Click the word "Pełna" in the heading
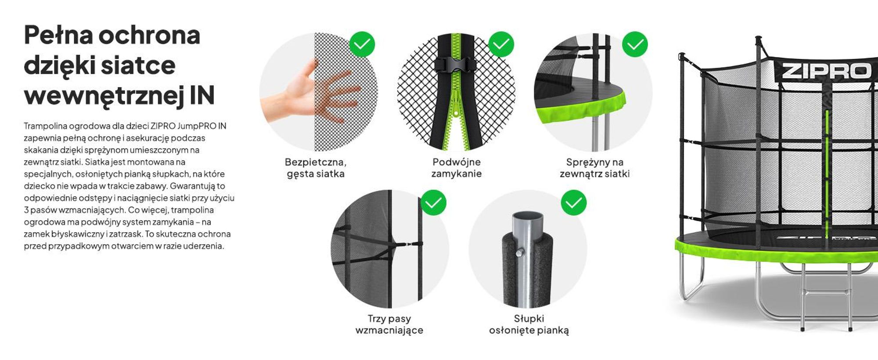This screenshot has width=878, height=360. [x=58, y=35]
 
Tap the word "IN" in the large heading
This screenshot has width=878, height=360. [x=202, y=96]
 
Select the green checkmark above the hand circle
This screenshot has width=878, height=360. [x=362, y=44]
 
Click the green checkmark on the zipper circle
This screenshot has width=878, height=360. [x=501, y=44]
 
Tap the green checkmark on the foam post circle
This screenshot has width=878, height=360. [x=573, y=202]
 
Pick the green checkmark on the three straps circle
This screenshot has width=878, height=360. [x=433, y=202]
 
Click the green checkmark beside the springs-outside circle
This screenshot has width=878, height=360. [x=635, y=44]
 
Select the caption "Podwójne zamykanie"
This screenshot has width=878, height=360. [x=457, y=168]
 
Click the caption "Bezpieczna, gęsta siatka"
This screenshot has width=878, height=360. [x=316, y=168]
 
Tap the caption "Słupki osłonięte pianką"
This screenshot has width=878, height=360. [x=529, y=324]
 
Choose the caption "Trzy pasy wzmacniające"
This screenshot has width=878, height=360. [x=389, y=324]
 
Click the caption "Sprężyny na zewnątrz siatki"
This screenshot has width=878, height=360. [x=595, y=168]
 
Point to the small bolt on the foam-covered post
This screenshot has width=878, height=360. [x=520, y=252]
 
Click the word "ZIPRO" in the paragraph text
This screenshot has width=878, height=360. [x=163, y=126]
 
